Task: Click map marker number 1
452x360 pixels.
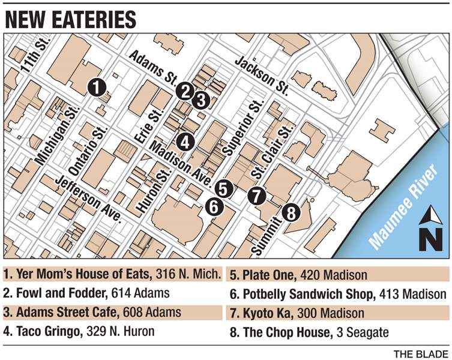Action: pos(96,87)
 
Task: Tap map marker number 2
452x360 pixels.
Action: pos(185,91)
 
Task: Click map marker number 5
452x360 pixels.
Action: pos(223,189)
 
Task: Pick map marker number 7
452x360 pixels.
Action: pos(256,195)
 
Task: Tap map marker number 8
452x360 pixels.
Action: pos(290,212)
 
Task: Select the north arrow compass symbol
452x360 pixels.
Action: pos(430,229)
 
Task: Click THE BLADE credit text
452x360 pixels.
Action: pos(420,352)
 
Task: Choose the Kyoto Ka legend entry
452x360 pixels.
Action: pos(297,313)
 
